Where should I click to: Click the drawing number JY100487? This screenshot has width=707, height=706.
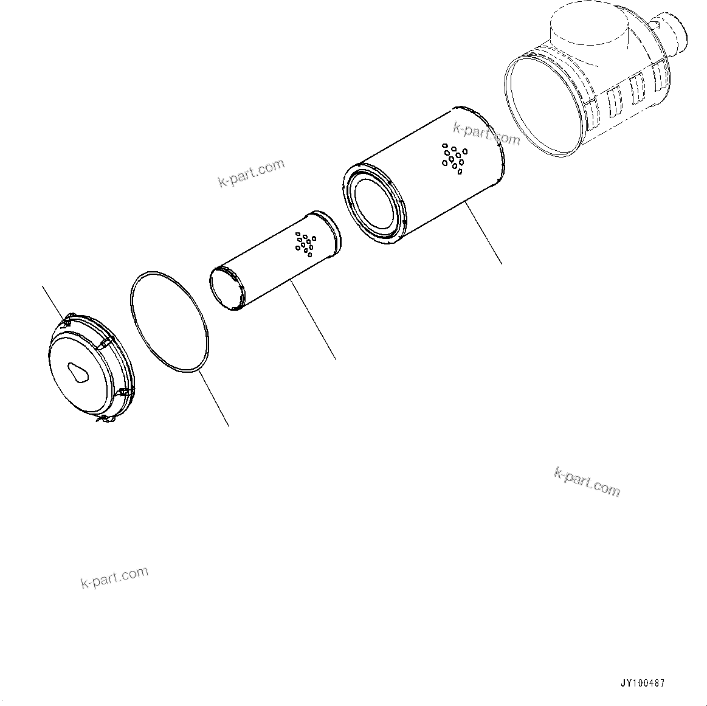tap(642, 683)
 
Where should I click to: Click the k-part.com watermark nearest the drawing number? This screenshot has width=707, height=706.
tap(587, 481)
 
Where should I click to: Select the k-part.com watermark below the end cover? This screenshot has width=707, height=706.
tap(114, 577)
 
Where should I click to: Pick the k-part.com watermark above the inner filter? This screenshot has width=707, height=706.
tap(251, 173)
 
